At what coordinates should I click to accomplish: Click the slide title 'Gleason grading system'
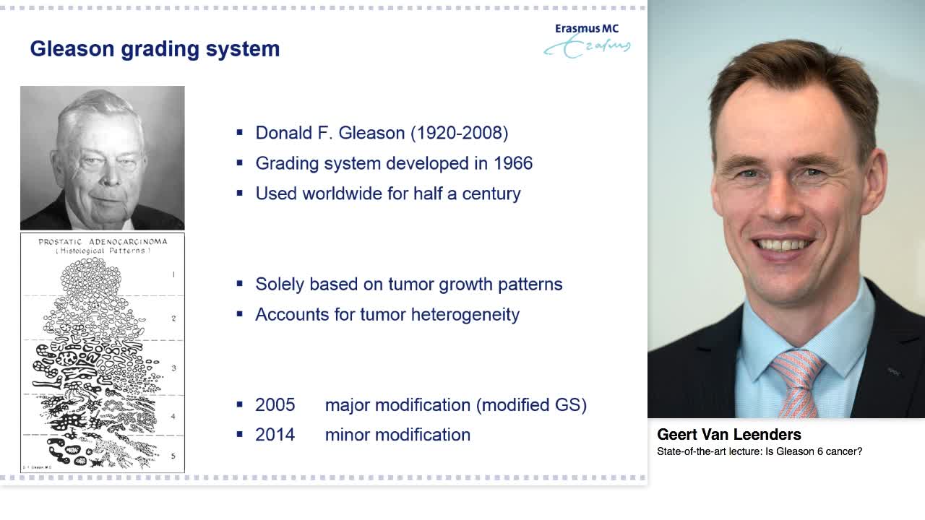[x=155, y=49]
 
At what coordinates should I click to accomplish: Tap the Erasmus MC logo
[x=587, y=40]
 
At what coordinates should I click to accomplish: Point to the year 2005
[x=275, y=405]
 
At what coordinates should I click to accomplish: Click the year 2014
[x=275, y=435]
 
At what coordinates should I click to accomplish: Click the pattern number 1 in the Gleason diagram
[x=173, y=274]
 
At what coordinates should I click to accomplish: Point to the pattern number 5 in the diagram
[x=173, y=456]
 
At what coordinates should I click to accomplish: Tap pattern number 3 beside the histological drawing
[x=173, y=368]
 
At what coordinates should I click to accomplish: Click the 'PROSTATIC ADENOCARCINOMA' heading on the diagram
[x=103, y=242]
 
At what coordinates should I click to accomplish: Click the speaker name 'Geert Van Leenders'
[x=728, y=435]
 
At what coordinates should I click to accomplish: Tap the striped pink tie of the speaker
[x=797, y=379]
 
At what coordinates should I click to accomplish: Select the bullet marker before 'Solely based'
[x=240, y=285]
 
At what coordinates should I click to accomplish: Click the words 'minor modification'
[x=397, y=435]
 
